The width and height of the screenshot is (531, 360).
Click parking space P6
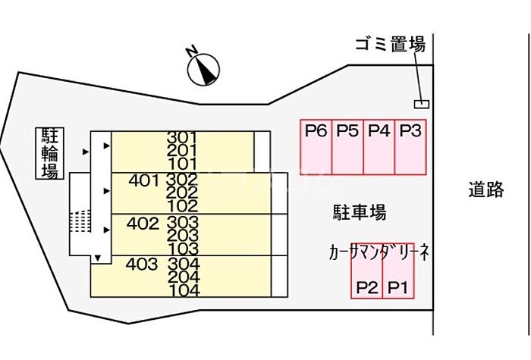(x=316, y=146)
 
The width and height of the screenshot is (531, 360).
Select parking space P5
(x=347, y=146)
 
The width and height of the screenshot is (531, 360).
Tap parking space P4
(x=379, y=146)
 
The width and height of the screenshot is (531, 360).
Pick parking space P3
(x=410, y=146)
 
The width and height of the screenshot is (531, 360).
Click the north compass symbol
(x=203, y=68)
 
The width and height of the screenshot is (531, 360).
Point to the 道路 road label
(x=485, y=190)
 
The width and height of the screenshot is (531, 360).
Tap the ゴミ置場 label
(x=390, y=45)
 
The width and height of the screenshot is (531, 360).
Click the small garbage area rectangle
(x=420, y=103)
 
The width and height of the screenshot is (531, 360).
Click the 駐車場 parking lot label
(x=359, y=212)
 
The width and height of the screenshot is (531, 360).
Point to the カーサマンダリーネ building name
(x=380, y=252)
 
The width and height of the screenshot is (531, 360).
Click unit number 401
(x=143, y=181)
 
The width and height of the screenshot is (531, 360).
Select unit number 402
(x=143, y=224)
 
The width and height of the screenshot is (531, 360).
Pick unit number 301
(x=183, y=137)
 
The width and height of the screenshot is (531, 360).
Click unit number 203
(x=183, y=236)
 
